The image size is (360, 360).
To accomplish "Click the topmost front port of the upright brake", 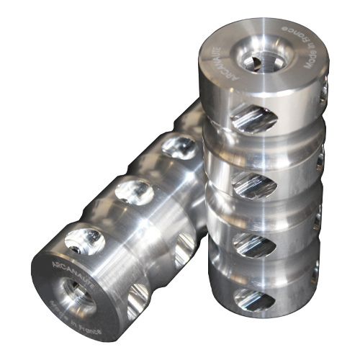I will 254,120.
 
